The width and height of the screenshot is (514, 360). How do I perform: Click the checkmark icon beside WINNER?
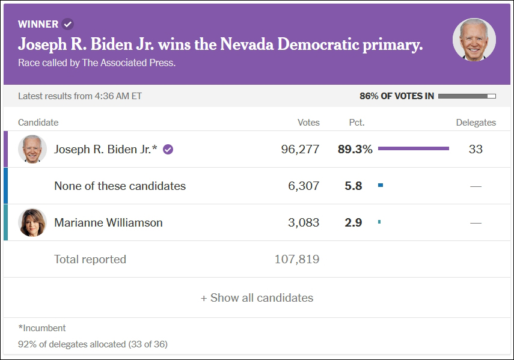click(68, 24)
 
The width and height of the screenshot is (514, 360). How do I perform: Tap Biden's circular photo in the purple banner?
click(474, 40)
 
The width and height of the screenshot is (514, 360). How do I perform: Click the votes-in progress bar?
click(467, 96)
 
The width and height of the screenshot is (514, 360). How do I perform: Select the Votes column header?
click(308, 123)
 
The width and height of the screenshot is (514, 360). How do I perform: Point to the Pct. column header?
click(356, 123)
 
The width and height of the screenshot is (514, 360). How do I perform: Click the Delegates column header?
click(476, 123)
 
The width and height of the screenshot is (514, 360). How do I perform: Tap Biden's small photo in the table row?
click(32, 149)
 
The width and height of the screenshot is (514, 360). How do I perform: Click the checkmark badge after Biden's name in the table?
click(168, 150)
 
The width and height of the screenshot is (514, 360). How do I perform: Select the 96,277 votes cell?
click(300, 150)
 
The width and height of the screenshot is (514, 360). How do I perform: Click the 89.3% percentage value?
click(355, 150)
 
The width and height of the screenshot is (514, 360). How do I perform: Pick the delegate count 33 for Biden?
click(476, 150)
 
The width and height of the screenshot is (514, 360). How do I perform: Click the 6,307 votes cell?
click(304, 186)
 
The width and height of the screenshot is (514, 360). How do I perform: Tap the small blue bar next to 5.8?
click(381, 186)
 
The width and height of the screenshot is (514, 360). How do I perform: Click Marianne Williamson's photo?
click(32, 222)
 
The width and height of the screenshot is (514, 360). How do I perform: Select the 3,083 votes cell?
click(304, 223)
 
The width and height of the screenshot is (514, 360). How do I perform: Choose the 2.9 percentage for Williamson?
click(353, 223)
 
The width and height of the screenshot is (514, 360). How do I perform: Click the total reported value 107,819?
click(296, 260)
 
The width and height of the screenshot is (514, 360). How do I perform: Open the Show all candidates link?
click(257, 297)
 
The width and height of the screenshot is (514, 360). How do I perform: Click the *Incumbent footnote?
click(42, 328)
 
